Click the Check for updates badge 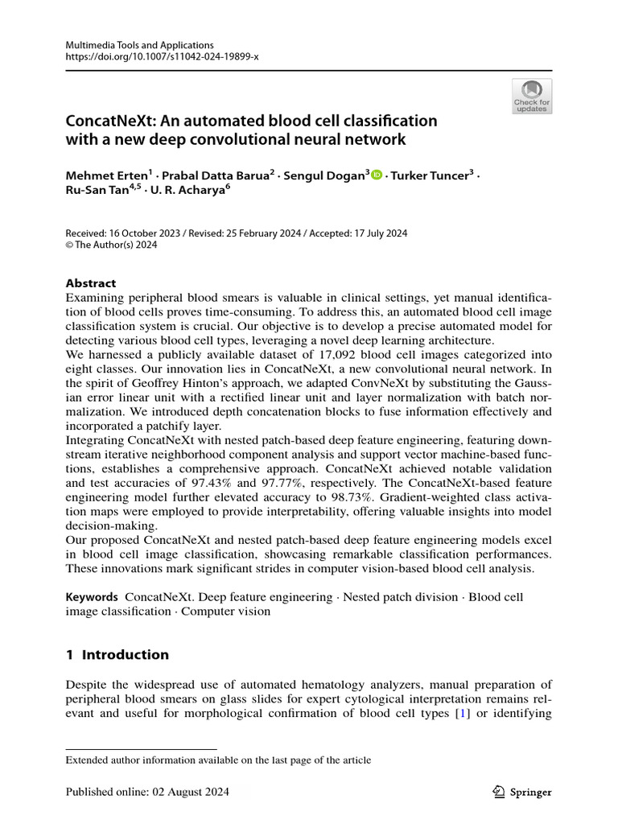pyautogui.click(x=532, y=97)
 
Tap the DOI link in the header pyautogui.click(x=162, y=57)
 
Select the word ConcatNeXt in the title pyautogui.click(x=111, y=121)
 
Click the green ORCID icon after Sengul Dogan pyautogui.click(x=377, y=175)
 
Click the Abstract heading pyautogui.click(x=90, y=283)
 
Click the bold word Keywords pyautogui.click(x=92, y=597)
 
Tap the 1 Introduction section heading pyautogui.click(x=117, y=654)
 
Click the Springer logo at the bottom pyautogui.click(x=522, y=792)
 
